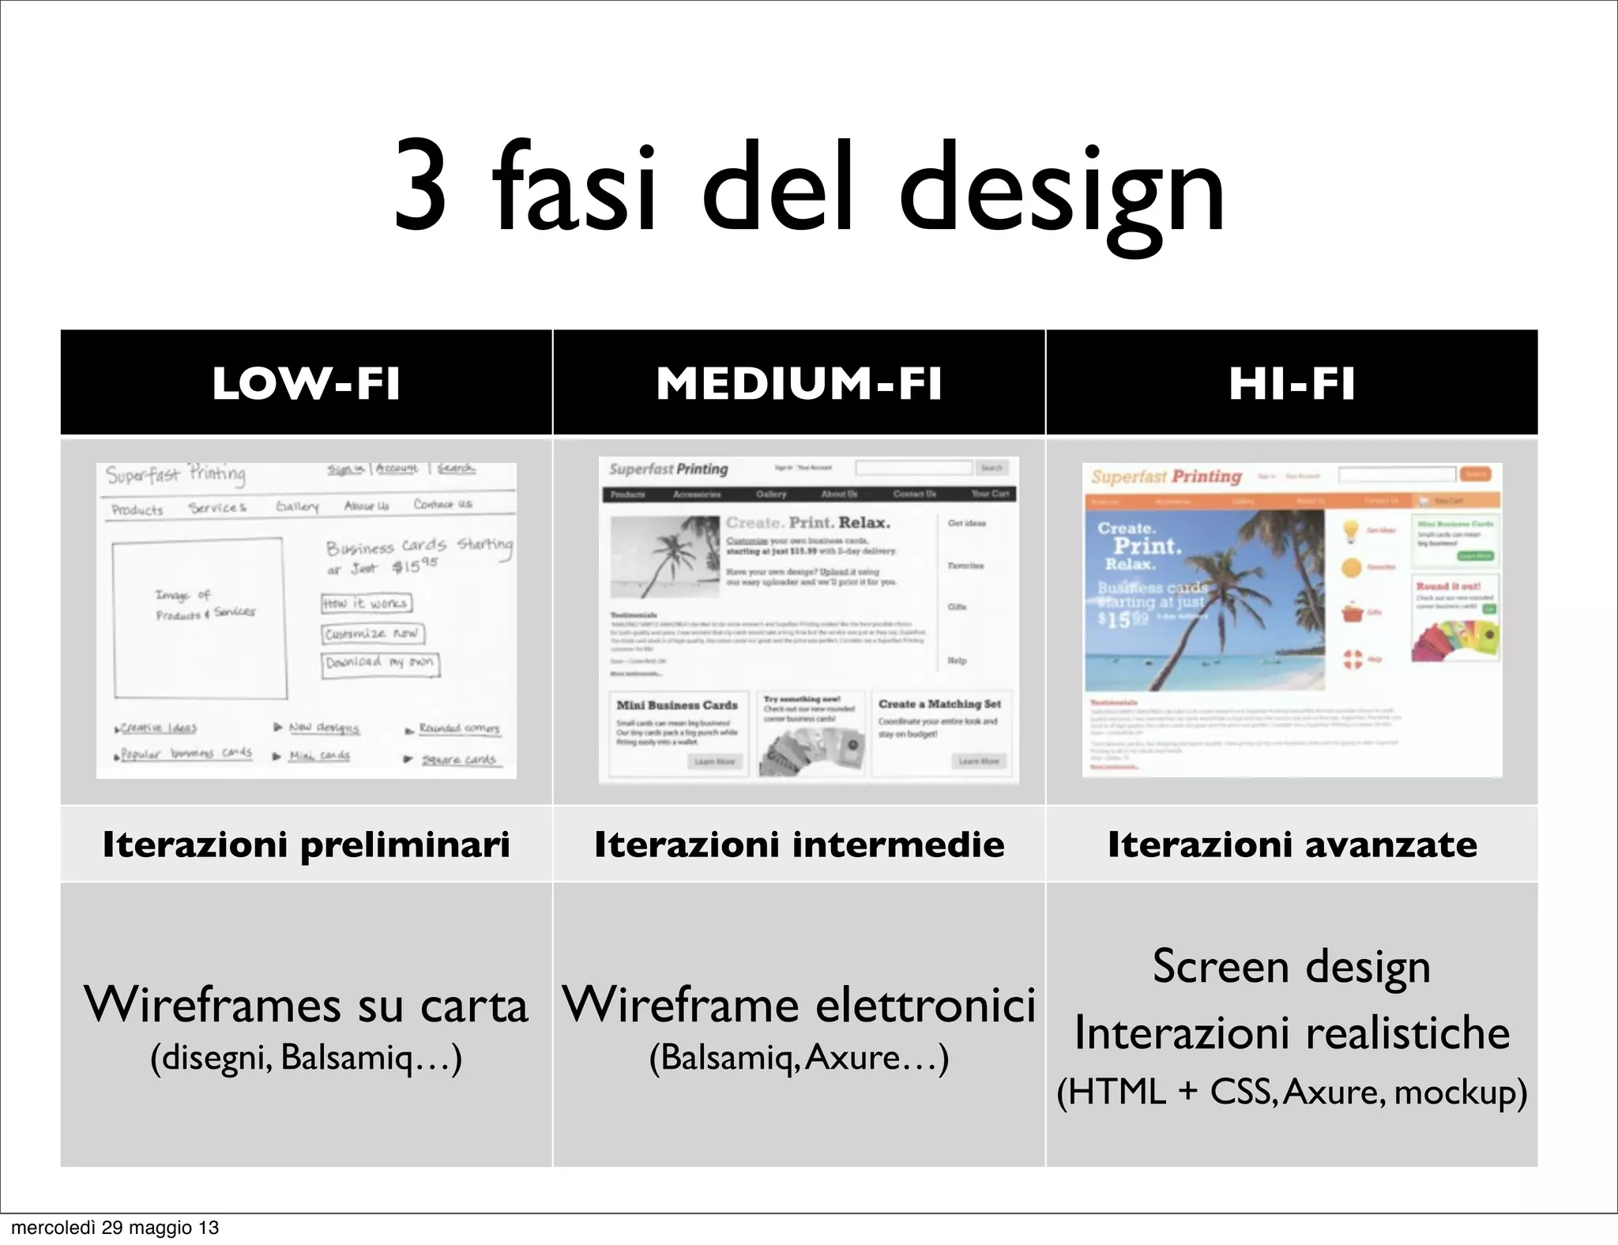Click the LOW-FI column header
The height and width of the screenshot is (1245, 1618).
tap(306, 383)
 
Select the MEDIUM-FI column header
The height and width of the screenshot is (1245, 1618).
tap(799, 383)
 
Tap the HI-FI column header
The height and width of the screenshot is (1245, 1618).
tap(1292, 383)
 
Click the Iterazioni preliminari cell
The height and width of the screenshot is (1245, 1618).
tap(306, 844)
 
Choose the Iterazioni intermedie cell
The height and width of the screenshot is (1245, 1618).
tap(799, 844)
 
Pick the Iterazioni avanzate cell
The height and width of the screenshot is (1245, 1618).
tap(1292, 844)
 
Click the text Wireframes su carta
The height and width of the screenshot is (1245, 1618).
tap(306, 1005)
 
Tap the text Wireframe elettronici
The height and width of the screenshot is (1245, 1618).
tap(799, 1005)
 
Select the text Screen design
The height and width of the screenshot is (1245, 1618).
tap(1292, 966)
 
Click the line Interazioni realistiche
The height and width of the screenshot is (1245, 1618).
tap(1292, 1032)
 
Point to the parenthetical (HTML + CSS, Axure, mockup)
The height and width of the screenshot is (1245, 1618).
tap(1292, 1093)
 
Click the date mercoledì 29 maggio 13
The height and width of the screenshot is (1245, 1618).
tap(115, 1228)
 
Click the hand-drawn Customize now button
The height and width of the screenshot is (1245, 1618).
tap(373, 634)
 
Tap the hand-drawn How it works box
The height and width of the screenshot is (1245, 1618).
tap(366, 604)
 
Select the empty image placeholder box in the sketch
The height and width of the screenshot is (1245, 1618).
tap(198, 618)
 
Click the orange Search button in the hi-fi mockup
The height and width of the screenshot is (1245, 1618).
tap(1475, 474)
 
